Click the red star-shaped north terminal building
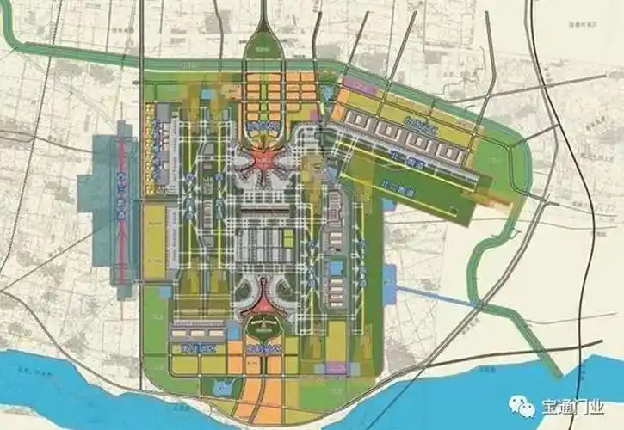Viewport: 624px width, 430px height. [262, 159]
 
